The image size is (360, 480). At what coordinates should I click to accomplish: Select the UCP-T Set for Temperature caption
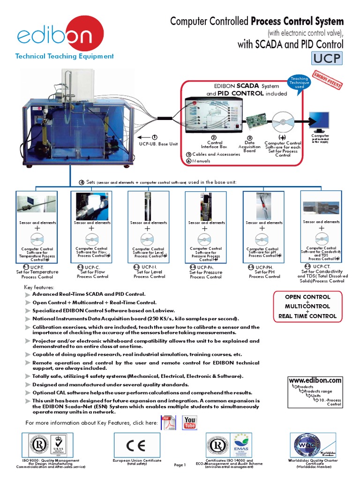click(x=37, y=271)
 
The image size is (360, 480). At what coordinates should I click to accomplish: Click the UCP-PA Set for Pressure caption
click(x=206, y=272)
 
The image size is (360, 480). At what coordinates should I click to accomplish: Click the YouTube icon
click(x=190, y=422)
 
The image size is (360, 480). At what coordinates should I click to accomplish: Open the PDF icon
click(x=168, y=422)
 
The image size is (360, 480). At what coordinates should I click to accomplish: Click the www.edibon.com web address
click(x=315, y=380)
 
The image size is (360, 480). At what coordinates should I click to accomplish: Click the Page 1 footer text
click(x=180, y=465)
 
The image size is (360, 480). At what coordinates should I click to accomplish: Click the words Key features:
click(x=39, y=287)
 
